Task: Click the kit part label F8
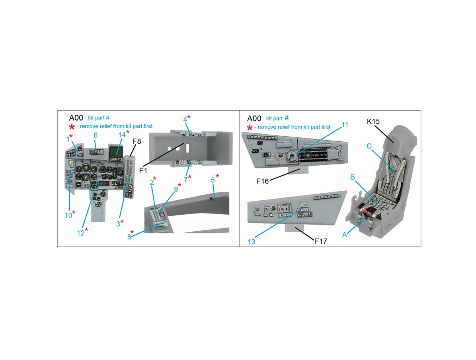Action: pyautogui.click(x=137, y=141)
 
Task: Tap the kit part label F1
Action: pyautogui.click(x=143, y=170)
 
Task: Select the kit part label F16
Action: pyautogui.click(x=263, y=181)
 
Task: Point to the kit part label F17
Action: pyautogui.click(x=321, y=241)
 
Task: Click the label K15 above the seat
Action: pyautogui.click(x=373, y=121)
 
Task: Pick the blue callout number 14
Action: pyautogui.click(x=122, y=135)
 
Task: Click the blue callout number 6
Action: pyautogui.click(x=96, y=135)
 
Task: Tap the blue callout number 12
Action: pyautogui.click(x=81, y=233)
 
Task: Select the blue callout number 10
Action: pyautogui.click(x=68, y=215)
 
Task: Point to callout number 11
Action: pyautogui.click(x=345, y=125)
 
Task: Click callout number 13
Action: pyautogui.click(x=252, y=241)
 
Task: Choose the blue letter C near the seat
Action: pyautogui.click(x=369, y=146)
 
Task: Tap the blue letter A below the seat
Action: pyautogui.click(x=345, y=235)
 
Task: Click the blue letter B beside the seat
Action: pyautogui.click(x=353, y=177)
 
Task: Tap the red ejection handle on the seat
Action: pyautogui.click(x=368, y=211)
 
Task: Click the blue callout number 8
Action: pyautogui.click(x=129, y=237)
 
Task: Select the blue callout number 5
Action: pyautogui.click(x=213, y=180)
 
